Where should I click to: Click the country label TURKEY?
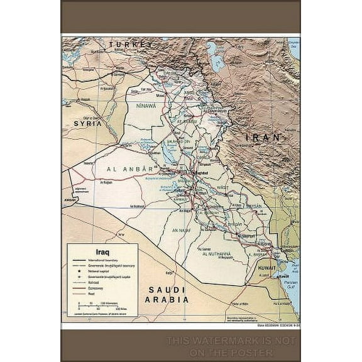coord(131,45)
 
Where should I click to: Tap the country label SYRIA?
coord(87,124)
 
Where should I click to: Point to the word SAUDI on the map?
coord(167,290)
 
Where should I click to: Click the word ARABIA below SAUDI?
coord(167,300)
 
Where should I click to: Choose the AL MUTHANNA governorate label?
coord(214,254)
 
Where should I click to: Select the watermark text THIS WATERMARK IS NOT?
coord(231,341)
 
